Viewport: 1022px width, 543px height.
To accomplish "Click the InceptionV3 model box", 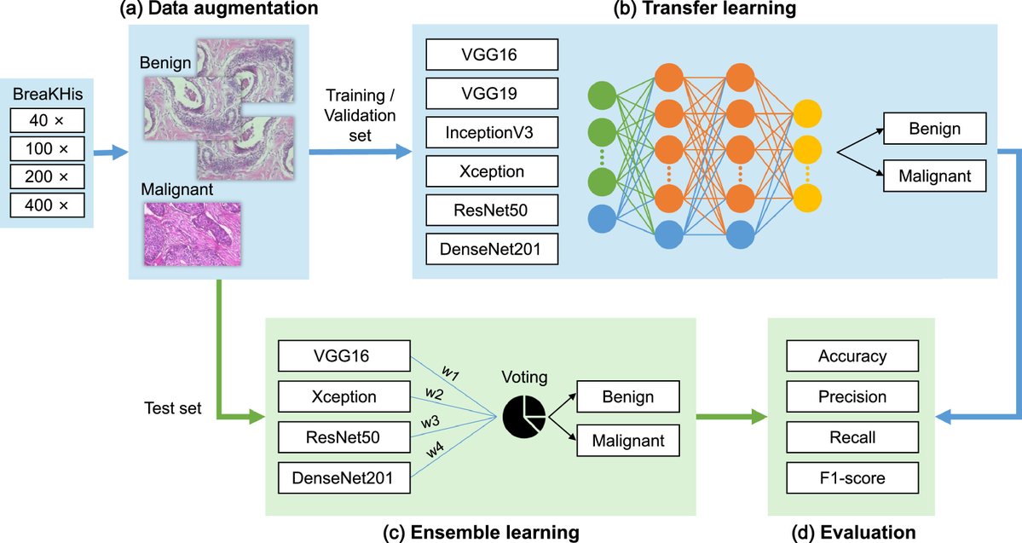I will pos(492,132).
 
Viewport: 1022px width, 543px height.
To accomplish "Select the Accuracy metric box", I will pos(852,356).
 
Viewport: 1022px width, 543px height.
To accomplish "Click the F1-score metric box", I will pos(852,478).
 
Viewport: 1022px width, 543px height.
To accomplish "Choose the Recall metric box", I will pos(852,438).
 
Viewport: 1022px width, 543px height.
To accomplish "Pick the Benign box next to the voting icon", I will pos(627,397).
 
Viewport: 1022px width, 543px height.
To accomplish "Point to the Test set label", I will pos(174,408).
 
